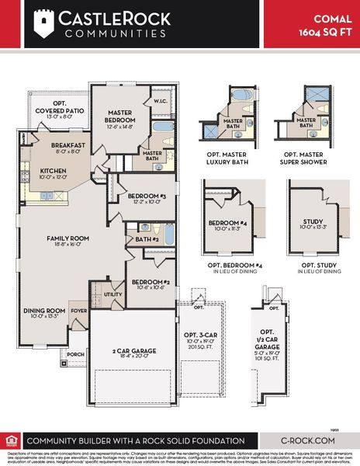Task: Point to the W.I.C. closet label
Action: click(161, 100)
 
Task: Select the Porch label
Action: click(76, 353)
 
